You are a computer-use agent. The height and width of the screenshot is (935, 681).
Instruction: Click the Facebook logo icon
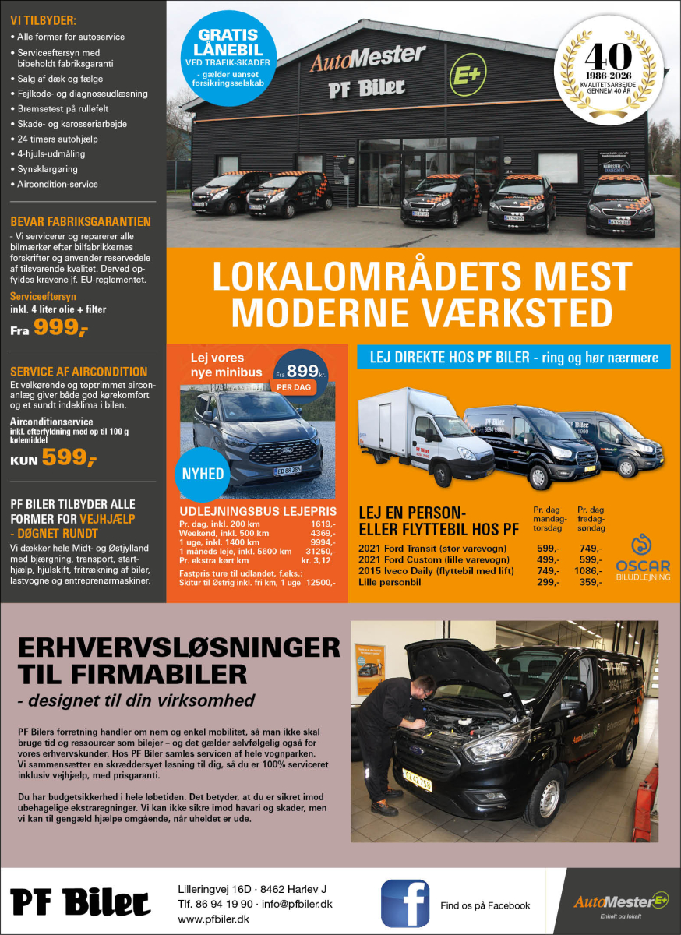tap(404, 903)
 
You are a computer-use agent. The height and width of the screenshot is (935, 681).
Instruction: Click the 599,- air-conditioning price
tap(69, 458)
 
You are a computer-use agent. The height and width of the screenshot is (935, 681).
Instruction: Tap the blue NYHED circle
tap(203, 474)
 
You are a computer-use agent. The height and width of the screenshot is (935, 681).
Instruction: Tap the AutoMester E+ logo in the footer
tap(622, 903)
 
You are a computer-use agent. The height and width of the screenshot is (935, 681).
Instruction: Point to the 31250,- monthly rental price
tap(319, 551)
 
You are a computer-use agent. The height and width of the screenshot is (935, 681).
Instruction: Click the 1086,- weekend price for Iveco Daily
tap(591, 570)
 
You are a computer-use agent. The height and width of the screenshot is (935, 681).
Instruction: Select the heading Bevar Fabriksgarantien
tap(80, 221)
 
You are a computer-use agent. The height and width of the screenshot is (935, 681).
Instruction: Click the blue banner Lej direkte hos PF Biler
tap(513, 358)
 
